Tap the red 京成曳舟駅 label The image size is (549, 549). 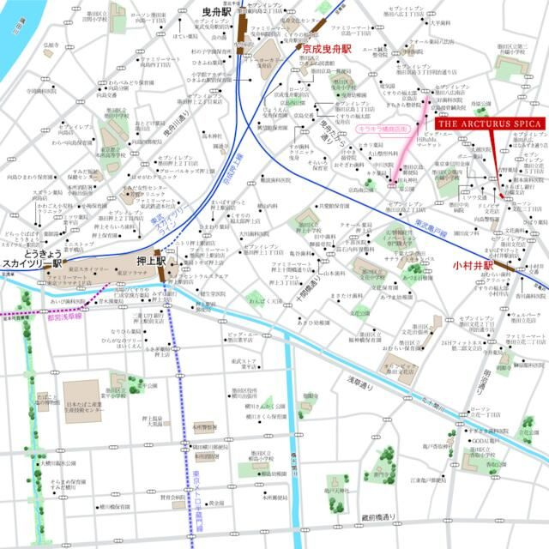point(327,51)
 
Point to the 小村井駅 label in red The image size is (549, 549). point(474,267)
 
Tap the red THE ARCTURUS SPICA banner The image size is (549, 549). point(489,123)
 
